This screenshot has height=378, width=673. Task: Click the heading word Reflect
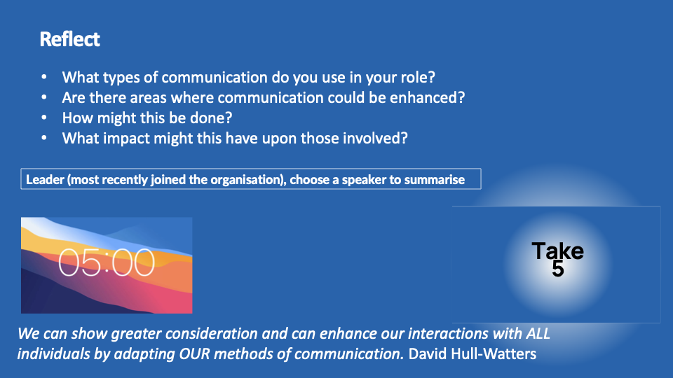[69, 39]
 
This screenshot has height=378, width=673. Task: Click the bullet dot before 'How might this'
[44, 117]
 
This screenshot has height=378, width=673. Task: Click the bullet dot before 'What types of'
[44, 76]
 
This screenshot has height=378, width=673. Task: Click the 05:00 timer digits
[107, 262]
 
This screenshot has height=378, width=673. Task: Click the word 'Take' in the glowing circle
[557, 251]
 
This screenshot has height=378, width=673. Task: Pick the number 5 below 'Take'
[557, 269]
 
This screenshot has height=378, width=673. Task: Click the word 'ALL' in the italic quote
[538, 333]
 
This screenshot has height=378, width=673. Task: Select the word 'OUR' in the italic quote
[194, 354]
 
